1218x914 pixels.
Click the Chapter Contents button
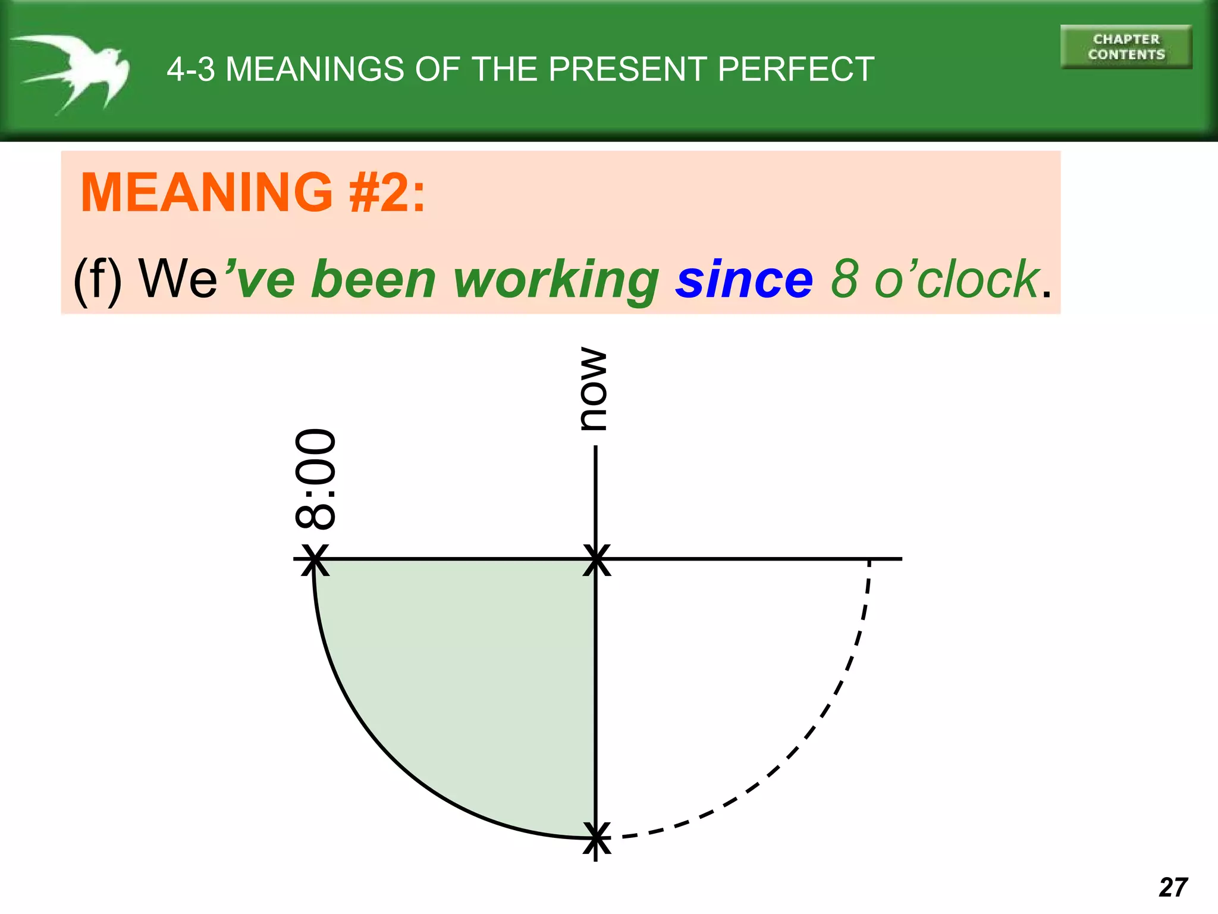1126,47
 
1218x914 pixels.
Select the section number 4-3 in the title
190,69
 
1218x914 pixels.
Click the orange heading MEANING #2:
253,192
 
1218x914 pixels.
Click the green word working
556,280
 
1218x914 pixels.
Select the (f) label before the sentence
98,280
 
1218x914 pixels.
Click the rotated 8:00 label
315,478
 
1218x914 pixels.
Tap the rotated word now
594,389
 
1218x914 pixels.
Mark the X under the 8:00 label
315,559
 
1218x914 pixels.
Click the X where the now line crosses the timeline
596,559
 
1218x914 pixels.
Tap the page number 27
1173,887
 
